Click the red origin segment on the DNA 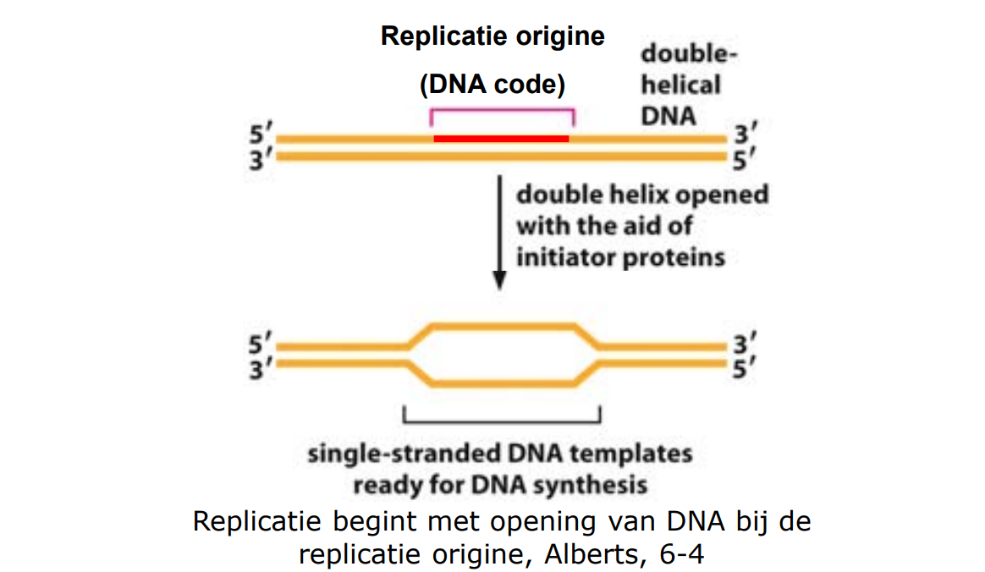501,138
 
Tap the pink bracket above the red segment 503,110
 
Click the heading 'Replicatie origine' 492,37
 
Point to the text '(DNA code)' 492,85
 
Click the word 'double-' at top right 688,55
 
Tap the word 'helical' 681,85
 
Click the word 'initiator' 564,257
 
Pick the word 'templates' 630,454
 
